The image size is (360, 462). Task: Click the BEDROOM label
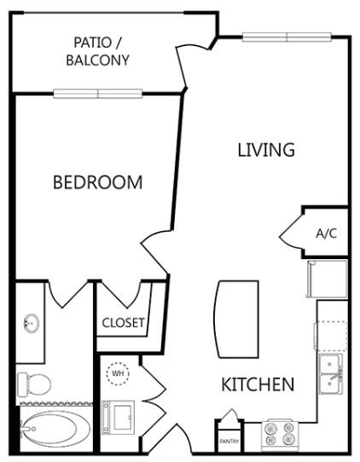pos(97,182)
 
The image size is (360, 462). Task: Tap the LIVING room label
pos(266,150)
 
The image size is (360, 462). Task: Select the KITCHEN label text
pos(258,384)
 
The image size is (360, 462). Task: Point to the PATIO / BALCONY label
pos(97,51)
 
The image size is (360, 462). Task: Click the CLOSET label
pos(123,323)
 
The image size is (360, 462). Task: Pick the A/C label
pos(327,234)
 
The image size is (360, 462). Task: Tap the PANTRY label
pos(229,442)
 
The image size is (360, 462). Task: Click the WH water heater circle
pos(118,373)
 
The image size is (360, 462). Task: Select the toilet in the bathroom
pos(33,384)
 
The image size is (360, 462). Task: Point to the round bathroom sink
pos(32,323)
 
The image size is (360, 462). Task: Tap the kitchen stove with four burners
pos(280,435)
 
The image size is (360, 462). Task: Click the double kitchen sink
pos(331,373)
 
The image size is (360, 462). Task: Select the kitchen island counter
pos(236,319)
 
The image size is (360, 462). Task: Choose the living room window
pos(287,38)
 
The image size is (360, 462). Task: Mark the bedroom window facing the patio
pos(98,94)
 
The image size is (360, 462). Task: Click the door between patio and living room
pos(183,67)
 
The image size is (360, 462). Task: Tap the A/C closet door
pos(291,233)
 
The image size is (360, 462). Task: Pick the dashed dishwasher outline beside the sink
pos(330,336)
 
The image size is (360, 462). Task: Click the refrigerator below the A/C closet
pos(327,279)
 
